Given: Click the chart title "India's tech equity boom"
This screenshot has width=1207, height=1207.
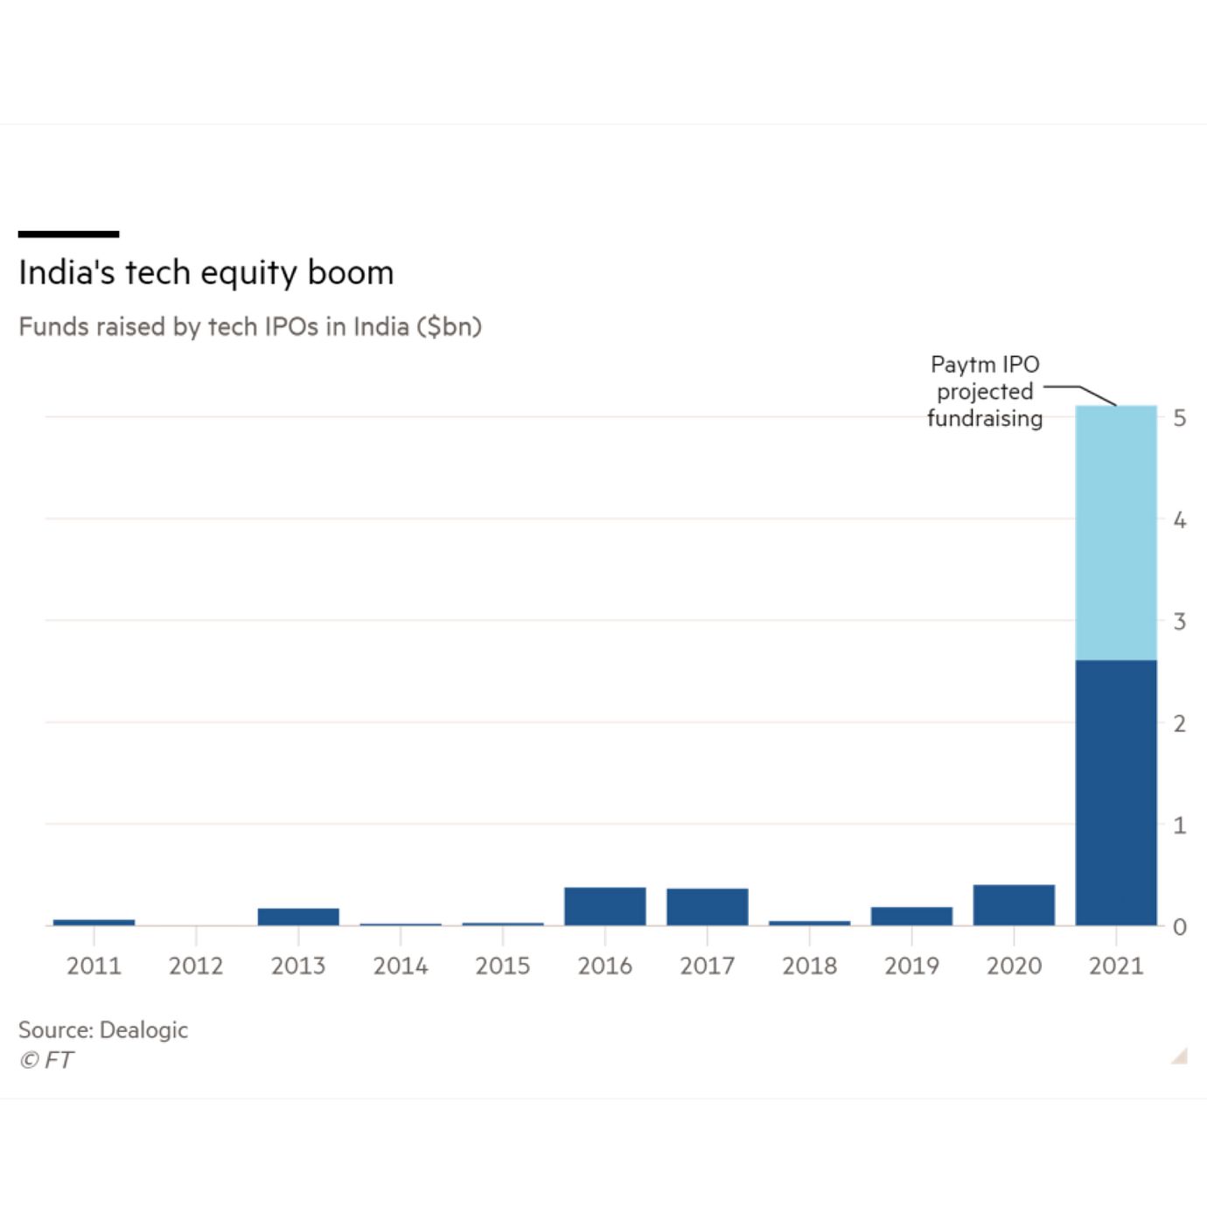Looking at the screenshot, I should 206,273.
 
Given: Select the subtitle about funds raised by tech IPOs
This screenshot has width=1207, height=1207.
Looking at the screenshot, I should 250,327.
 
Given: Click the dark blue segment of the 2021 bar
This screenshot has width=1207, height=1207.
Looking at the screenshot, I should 1115,792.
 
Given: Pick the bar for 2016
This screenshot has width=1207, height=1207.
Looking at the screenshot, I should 604,906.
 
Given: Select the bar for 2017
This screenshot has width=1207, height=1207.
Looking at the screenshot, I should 707,907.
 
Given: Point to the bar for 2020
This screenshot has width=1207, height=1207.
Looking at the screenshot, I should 1014,905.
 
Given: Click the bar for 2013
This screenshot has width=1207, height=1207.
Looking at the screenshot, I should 298,917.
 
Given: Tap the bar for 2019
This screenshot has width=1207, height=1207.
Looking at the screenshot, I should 911,916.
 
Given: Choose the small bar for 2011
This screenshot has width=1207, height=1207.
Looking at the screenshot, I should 94,922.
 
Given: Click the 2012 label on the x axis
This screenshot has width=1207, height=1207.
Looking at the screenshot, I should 196,966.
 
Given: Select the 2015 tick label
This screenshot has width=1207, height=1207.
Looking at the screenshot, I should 502,966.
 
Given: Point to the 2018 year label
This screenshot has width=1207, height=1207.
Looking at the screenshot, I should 809,966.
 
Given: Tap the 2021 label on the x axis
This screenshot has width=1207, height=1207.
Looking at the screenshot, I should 1116,966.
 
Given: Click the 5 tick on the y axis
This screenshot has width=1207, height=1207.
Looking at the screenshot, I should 1180,418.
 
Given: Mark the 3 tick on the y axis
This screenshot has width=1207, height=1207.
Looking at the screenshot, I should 1180,622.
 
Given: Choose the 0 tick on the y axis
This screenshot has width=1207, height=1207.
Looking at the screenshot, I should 1180,927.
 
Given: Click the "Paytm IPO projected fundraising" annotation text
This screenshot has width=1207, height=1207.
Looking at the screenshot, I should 985,391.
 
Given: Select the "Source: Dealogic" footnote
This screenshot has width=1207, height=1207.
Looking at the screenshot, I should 103,1029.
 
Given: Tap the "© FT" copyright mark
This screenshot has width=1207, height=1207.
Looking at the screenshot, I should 46,1060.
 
